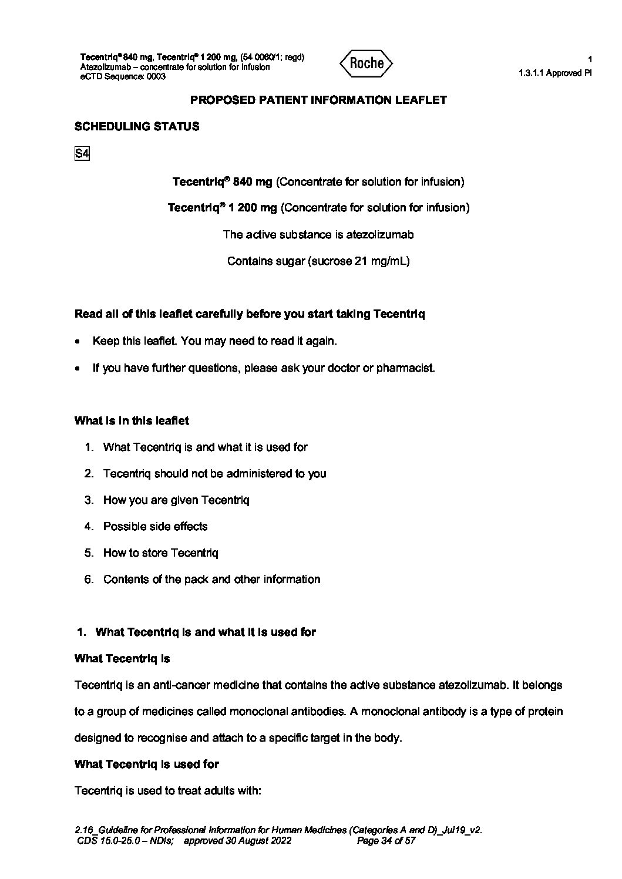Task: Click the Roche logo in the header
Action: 367,63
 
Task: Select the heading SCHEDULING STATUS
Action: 137,126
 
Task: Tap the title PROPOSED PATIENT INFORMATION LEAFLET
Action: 318,100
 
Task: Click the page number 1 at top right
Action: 590,59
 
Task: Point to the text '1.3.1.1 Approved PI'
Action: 555,73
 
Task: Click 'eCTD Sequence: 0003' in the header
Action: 123,76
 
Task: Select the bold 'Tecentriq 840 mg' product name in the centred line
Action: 222,182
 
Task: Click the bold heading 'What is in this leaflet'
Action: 132,420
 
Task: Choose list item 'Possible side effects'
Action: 155,526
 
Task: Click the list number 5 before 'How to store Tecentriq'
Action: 89,553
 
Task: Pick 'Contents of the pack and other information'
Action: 211,579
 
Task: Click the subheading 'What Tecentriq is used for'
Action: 146,764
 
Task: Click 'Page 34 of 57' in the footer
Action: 386,840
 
